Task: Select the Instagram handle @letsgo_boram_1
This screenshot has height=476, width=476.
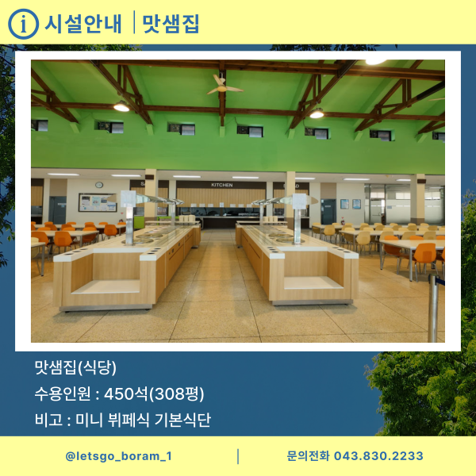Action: (x=118, y=456)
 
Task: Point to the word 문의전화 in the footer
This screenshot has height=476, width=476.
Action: (x=308, y=456)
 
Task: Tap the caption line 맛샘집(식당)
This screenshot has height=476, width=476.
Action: (x=75, y=368)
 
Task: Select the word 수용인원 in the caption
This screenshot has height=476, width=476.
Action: (x=62, y=393)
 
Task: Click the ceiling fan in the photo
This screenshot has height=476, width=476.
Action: (x=225, y=84)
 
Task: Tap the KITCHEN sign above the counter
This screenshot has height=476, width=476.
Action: (x=222, y=184)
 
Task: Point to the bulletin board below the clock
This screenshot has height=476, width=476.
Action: (x=97, y=203)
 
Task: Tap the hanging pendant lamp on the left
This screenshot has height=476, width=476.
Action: (x=121, y=106)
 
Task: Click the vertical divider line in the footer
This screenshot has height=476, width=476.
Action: (x=238, y=456)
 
